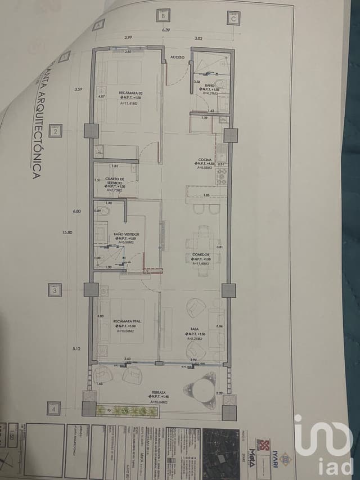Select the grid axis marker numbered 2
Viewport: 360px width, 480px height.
point(56,132)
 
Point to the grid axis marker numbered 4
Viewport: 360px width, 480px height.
point(53,408)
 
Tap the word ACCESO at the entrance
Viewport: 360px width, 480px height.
point(178,57)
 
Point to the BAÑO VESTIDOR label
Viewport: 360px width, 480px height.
point(126,234)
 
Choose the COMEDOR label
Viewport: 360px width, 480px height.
point(201,254)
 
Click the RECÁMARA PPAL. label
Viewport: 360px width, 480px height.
point(125,321)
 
